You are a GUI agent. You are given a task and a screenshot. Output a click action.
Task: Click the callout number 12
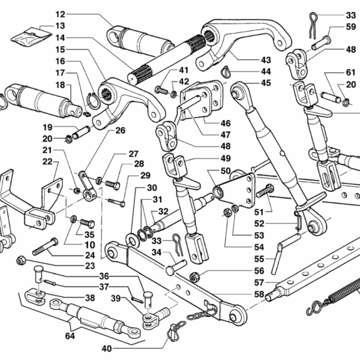(x=77, y=14)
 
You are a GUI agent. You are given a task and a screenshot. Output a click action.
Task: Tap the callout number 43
(x=266, y=60)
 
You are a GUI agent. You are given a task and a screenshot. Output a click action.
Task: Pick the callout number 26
(x=120, y=130)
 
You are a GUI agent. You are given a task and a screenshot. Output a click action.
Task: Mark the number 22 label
(x=47, y=161)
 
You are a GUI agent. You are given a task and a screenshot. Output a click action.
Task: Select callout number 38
(x=89, y=298)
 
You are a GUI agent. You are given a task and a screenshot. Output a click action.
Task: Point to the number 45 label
(x=266, y=83)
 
